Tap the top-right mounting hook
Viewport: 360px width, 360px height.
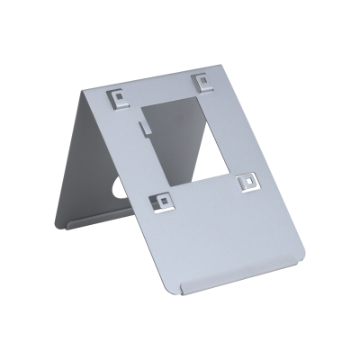(x=204, y=81)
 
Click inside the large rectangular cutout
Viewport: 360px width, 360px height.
(x=184, y=135)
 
